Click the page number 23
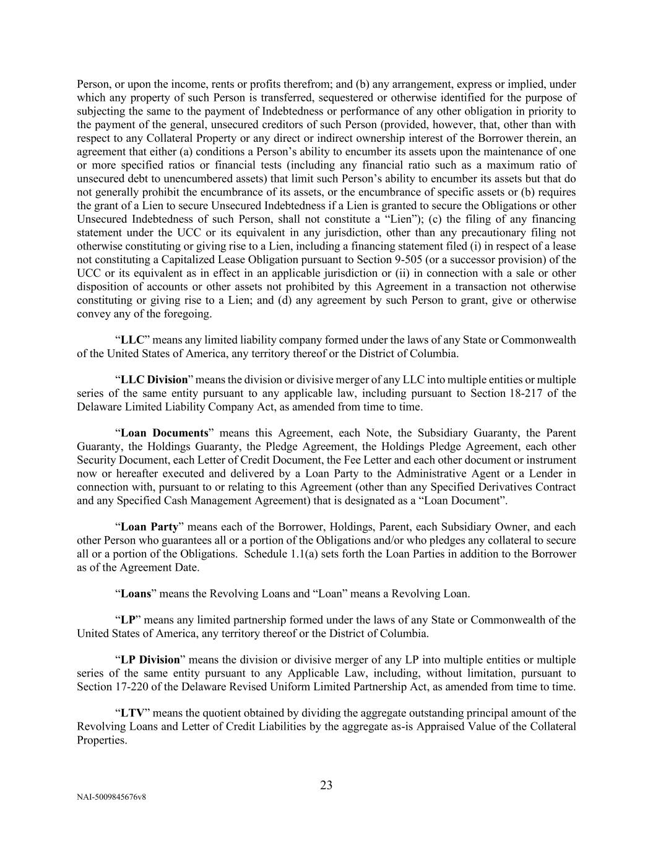point(326,785)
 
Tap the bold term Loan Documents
point(164,433)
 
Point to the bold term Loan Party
point(149,527)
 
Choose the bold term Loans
point(136,594)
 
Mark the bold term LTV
point(132,713)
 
